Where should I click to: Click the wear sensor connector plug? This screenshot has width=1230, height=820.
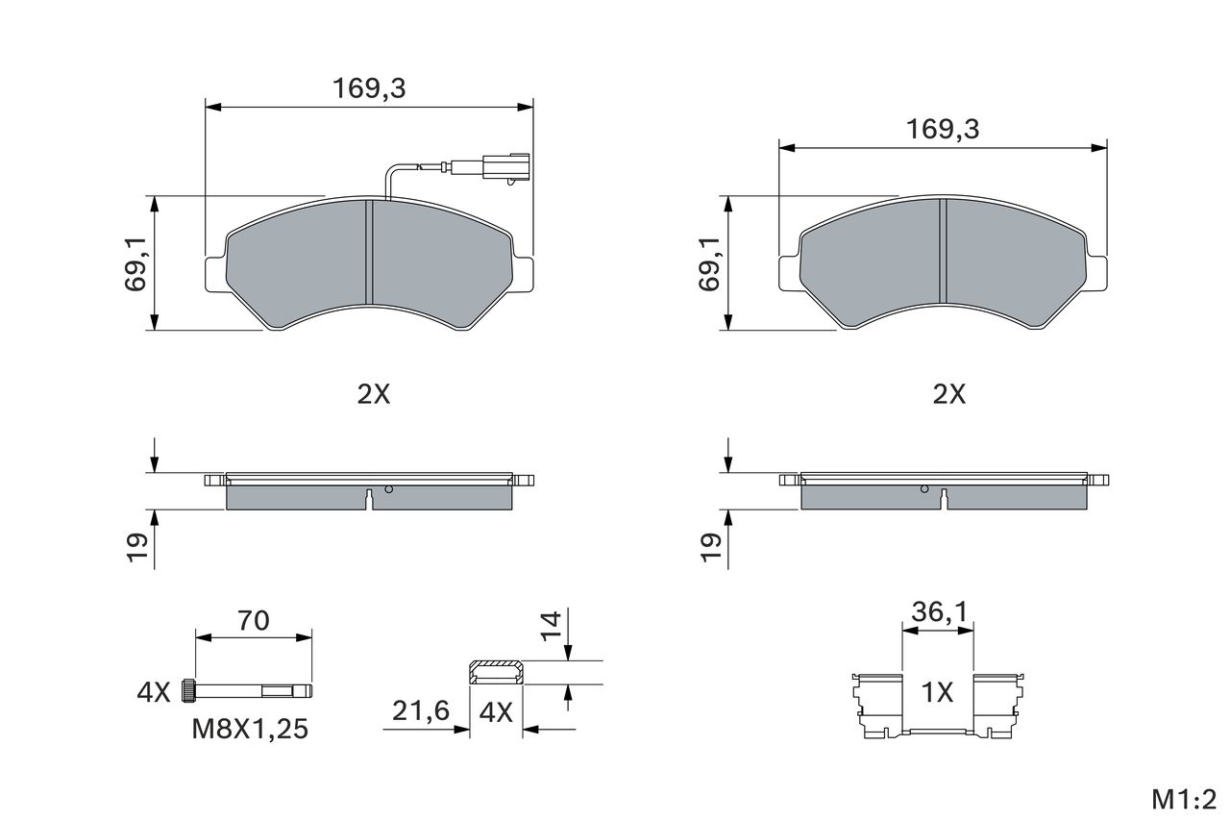point(505,167)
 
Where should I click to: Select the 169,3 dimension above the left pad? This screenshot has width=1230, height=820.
point(369,88)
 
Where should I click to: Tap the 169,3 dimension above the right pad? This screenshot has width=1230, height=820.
point(943,130)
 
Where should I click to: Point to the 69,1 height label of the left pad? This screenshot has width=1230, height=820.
point(135,263)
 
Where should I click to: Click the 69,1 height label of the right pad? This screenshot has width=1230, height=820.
point(709,263)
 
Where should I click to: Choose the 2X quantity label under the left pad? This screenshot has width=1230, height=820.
point(374,394)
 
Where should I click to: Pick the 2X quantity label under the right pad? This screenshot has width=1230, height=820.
point(948,394)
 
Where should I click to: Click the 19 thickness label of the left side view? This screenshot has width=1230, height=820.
point(137,547)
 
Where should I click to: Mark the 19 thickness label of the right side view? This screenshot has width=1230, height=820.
point(712,547)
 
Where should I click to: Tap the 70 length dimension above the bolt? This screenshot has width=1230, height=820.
point(253,621)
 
